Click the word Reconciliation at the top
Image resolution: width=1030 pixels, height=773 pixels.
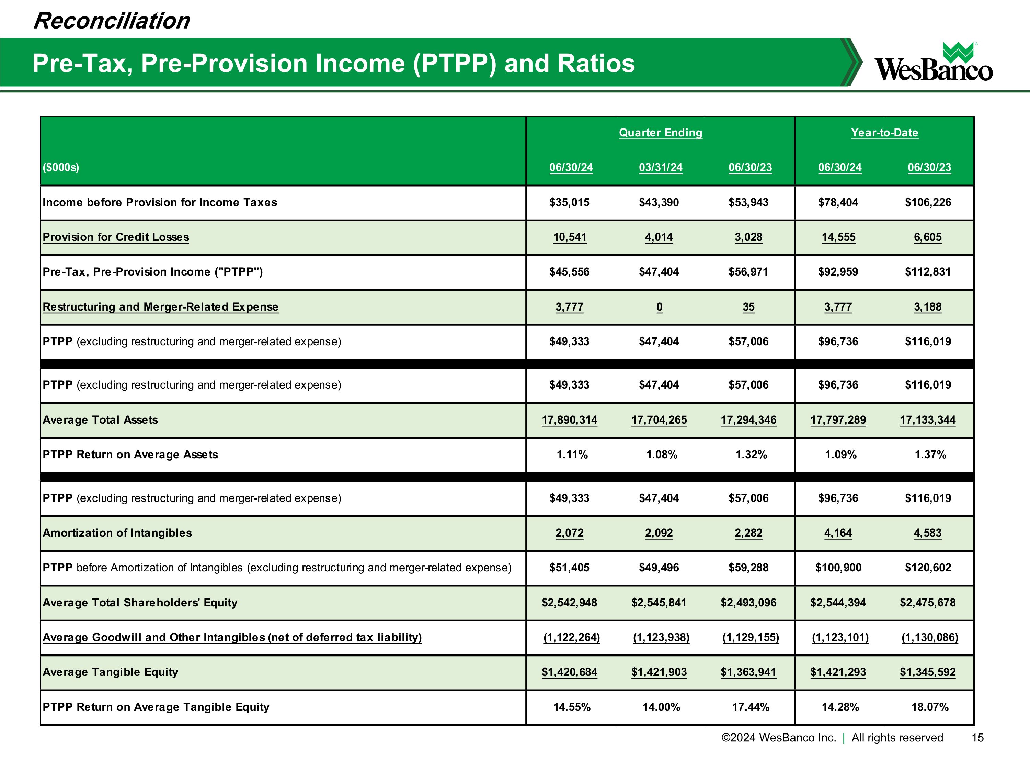coord(112,21)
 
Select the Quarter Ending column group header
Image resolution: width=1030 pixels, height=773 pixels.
coord(660,133)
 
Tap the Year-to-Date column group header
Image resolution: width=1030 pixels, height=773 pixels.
coord(884,133)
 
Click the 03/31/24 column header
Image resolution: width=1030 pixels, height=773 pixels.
coord(660,167)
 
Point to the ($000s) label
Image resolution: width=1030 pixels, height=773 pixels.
coord(61,167)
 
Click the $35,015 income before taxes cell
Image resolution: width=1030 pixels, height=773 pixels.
coord(569,202)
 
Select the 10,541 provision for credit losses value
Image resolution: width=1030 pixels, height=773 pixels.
coord(570,237)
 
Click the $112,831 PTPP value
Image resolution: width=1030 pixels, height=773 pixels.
coord(928,272)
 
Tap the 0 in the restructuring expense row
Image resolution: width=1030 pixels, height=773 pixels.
coord(659,306)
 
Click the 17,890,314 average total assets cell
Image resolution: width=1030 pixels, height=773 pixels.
coord(569,420)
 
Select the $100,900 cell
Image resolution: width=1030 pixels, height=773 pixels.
coord(838,568)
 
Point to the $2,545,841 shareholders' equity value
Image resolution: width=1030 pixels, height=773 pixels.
coord(659,603)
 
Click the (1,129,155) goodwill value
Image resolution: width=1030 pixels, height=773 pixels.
coord(750,637)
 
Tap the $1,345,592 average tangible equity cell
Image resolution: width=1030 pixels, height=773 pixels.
coord(928,672)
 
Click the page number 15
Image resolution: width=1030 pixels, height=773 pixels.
coord(977,738)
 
